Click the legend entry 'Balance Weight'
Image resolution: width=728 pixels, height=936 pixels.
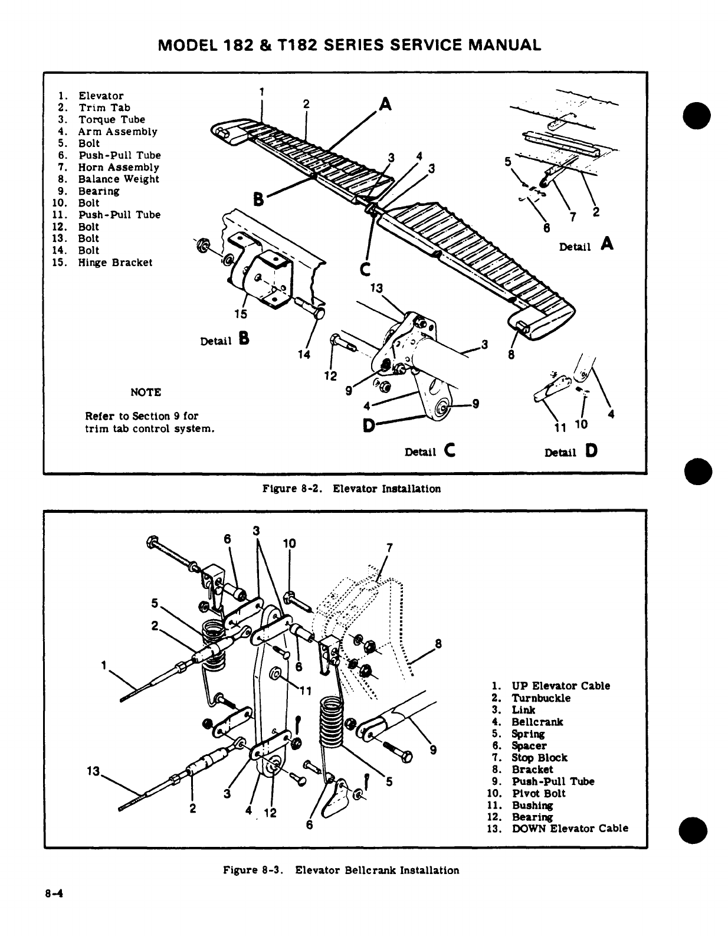118,179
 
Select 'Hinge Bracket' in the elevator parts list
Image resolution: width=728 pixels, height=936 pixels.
115,263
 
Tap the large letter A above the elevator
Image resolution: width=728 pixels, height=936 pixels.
385,104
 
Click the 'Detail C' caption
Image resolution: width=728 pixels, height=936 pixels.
429,451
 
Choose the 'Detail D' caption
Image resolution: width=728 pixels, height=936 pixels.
571,451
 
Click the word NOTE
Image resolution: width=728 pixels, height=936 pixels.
145,392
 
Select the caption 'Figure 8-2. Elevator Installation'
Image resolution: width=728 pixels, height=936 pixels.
352,489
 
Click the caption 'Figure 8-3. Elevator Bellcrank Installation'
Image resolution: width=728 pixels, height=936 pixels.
341,870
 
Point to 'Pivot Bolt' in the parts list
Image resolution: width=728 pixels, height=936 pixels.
538,793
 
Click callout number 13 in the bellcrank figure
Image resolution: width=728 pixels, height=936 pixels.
92,771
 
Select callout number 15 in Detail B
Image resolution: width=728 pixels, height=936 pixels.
241,313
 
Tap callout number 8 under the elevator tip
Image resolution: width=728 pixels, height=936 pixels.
511,355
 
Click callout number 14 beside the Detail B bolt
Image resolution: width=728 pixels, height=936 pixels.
303,354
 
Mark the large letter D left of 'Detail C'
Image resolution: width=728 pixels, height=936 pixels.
369,425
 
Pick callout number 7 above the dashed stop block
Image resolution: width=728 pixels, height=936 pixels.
389,547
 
